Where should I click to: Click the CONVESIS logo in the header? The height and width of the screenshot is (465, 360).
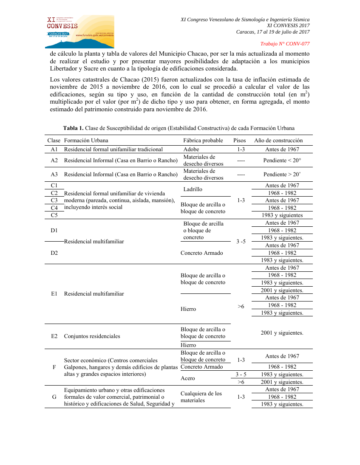79,32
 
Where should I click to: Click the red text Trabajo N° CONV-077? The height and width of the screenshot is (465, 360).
285,44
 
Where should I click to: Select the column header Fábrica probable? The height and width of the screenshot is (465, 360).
203,141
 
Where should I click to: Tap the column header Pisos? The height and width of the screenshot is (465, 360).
240,141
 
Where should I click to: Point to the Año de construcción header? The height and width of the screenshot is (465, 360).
278,141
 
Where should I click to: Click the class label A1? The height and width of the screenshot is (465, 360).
54,149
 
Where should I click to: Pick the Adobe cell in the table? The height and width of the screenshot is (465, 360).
191,149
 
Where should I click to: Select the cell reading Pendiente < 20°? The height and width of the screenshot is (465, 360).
282,161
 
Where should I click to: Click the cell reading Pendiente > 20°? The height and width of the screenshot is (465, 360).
282,175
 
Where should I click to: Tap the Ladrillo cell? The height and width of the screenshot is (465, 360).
193,189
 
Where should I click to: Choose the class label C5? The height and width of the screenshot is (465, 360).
54,215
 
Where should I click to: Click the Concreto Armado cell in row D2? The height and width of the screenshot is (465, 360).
201,253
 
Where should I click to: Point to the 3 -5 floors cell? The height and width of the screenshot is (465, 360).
241,242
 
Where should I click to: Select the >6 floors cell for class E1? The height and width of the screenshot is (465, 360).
241,306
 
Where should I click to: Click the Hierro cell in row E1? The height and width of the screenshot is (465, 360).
188,309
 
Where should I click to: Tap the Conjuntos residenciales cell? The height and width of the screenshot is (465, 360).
92,336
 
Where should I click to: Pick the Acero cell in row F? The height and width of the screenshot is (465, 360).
188,378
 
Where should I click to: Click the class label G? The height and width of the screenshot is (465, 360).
54,397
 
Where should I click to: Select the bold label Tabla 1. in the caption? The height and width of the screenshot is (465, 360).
73,128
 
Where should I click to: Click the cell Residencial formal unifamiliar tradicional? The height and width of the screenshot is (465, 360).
113,149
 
